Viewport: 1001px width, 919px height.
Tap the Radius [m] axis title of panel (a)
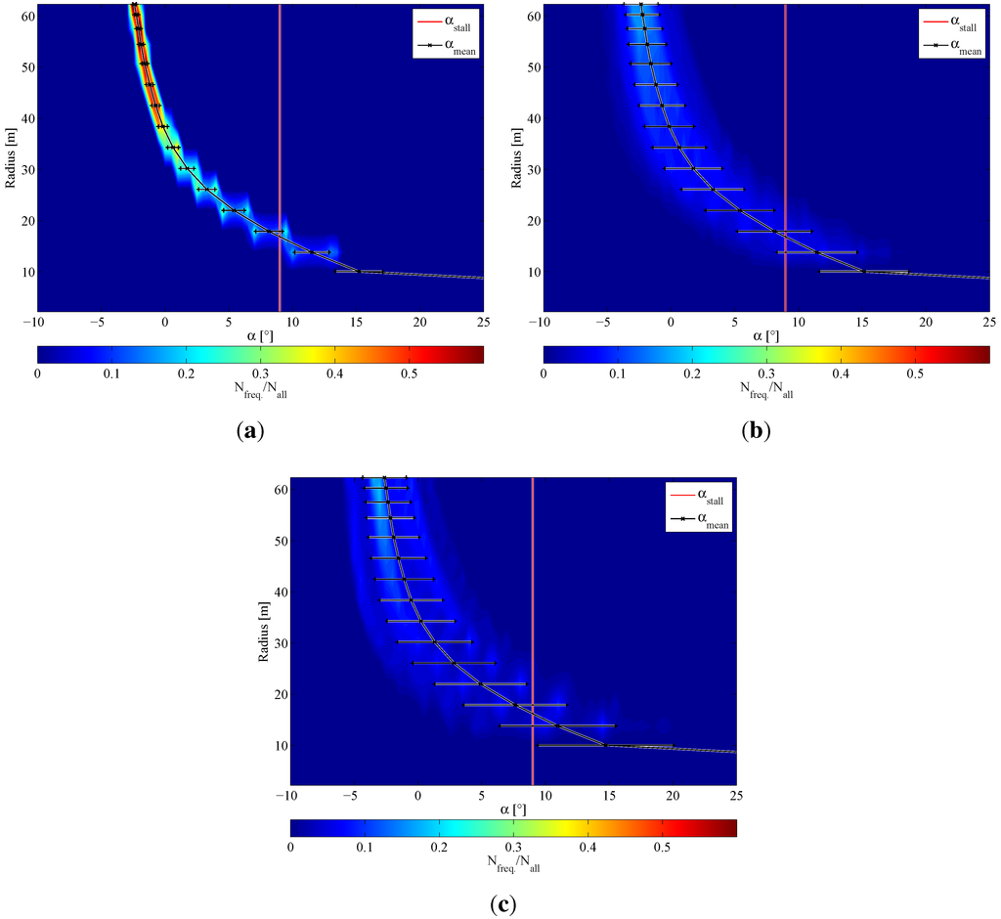pyautogui.click(x=11, y=160)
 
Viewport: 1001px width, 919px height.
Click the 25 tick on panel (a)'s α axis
pyautogui.click(x=483, y=321)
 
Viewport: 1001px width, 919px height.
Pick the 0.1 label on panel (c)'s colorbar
pyautogui.click(x=365, y=847)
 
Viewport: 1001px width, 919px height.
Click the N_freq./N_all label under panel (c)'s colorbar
pyautogui.click(x=512, y=864)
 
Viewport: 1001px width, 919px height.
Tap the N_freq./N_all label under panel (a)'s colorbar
pyautogui.click(x=259, y=390)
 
